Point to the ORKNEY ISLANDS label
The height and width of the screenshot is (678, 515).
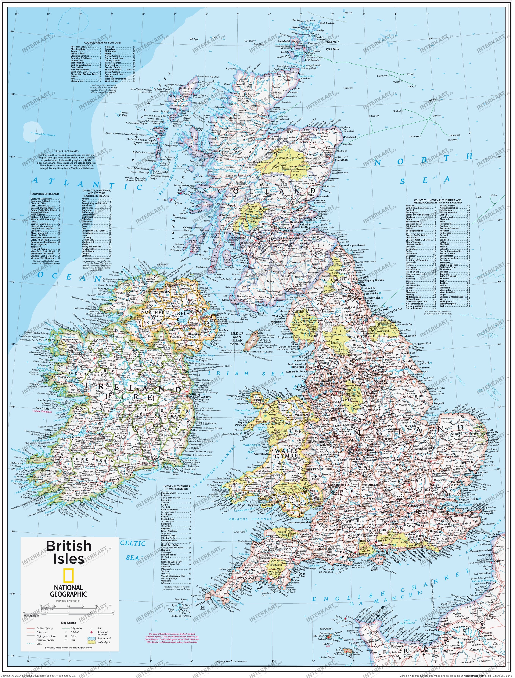332,45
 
